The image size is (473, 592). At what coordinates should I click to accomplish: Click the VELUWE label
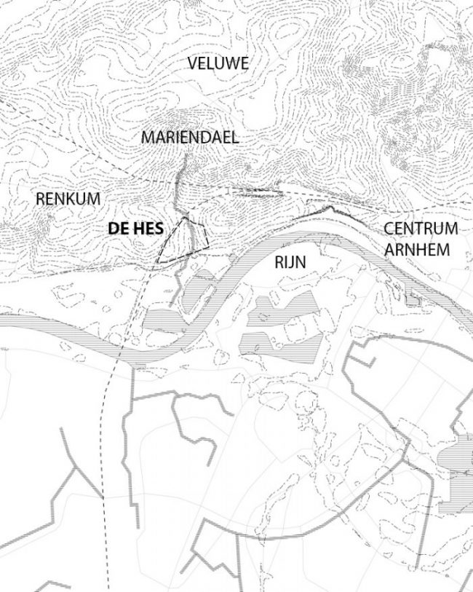[218, 63]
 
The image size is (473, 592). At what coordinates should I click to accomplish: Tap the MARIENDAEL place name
[190, 137]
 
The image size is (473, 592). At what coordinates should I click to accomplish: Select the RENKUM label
[68, 198]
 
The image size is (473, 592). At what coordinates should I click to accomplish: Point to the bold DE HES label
[135, 229]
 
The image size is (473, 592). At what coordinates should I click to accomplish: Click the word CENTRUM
[421, 229]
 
